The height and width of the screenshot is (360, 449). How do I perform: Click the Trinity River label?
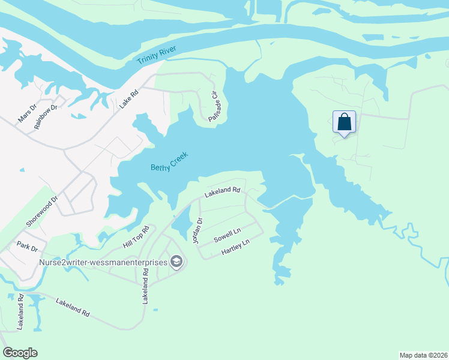154,56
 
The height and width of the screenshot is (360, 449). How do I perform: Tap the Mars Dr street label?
27,113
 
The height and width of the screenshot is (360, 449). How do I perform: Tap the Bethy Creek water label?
169,161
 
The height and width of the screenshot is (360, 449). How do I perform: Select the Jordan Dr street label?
196,230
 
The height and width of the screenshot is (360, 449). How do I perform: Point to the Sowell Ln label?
228,235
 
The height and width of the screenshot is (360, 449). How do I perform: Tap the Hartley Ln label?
235,247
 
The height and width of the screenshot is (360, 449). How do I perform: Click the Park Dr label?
27,247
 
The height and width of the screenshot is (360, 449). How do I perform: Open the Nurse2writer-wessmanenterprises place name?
104,262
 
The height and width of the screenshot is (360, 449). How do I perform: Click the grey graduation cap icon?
176,261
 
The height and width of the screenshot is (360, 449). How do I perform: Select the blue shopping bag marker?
345,122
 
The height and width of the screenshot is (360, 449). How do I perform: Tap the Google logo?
20,353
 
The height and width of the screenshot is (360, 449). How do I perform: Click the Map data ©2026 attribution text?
423,355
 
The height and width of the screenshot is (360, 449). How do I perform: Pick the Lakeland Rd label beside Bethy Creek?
222,192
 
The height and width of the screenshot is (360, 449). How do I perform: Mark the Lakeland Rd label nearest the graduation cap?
145,286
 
